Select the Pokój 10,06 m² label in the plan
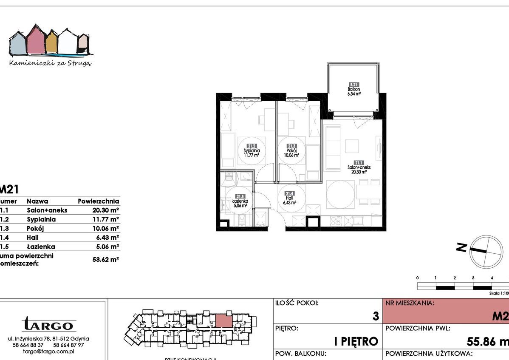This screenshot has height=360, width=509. [291, 151]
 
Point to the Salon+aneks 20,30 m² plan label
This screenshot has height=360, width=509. [359, 167]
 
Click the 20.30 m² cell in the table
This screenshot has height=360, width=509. [105, 210]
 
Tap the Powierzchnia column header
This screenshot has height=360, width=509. [99, 201]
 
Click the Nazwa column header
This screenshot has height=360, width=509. [37, 201]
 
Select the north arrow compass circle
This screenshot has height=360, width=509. [485, 251]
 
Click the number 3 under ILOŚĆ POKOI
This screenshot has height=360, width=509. [375, 317]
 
